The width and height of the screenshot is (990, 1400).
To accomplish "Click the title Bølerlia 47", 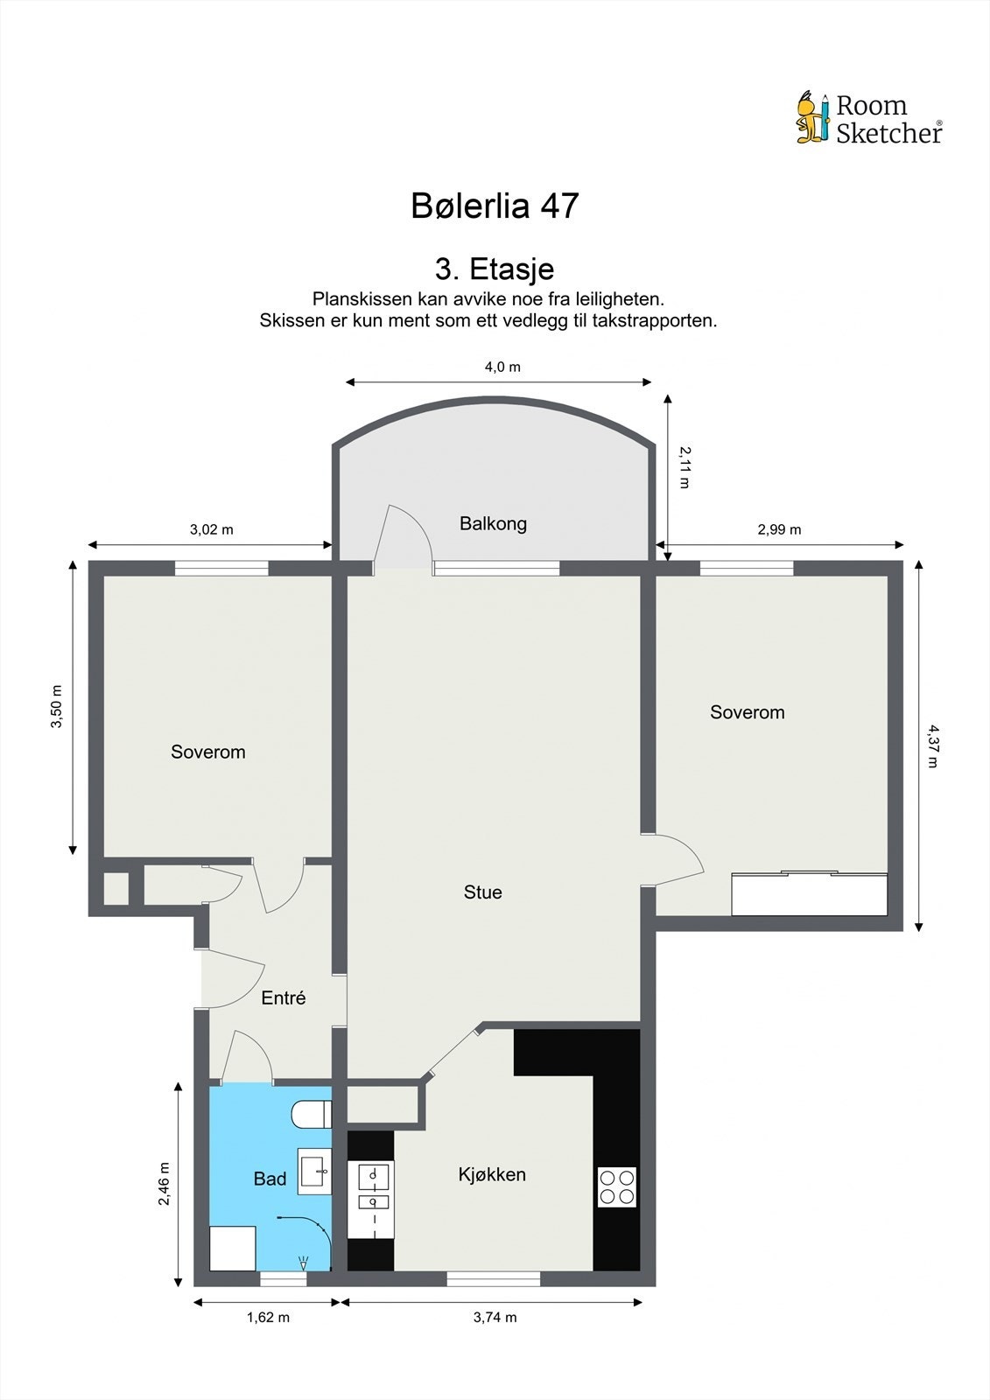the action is pyautogui.click(x=495, y=205).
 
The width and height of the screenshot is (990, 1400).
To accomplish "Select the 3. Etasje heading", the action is pyautogui.click(x=495, y=269).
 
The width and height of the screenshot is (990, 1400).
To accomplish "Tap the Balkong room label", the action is pyautogui.click(x=493, y=523).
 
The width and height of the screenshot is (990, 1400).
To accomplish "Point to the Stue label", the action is pyautogui.click(x=483, y=892).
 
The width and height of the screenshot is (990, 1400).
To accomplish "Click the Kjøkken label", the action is pyautogui.click(x=492, y=1175).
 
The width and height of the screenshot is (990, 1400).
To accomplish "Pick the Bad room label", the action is pyautogui.click(x=270, y=1179).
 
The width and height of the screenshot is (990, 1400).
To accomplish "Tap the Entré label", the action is pyautogui.click(x=284, y=998).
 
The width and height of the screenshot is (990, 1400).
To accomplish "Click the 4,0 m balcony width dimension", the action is pyautogui.click(x=502, y=367).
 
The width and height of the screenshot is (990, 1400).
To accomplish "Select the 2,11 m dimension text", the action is pyautogui.click(x=685, y=467).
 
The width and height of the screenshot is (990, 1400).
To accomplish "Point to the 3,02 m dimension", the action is pyautogui.click(x=211, y=529).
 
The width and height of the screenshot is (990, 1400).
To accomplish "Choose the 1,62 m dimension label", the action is pyautogui.click(x=268, y=1318).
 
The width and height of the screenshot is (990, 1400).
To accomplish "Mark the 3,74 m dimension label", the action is pyautogui.click(x=495, y=1318).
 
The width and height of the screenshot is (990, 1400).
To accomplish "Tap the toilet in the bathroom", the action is pyautogui.click(x=312, y=1115).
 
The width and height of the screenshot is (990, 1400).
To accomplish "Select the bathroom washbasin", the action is pyautogui.click(x=314, y=1172).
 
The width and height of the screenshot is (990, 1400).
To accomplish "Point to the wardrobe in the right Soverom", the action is pyautogui.click(x=810, y=893).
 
